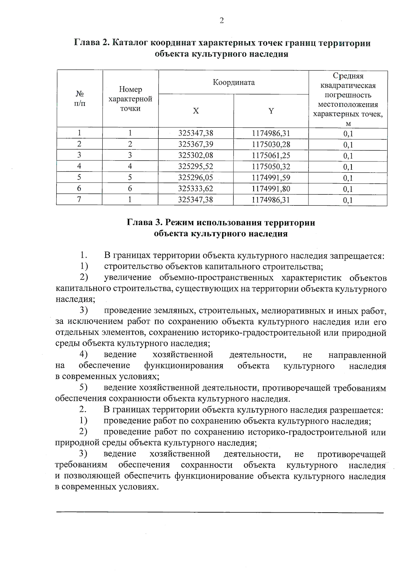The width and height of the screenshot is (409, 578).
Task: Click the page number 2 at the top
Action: pyautogui.click(x=222, y=21)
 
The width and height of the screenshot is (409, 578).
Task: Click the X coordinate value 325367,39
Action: pyautogui.click(x=196, y=144)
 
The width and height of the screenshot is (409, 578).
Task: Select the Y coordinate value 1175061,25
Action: pyautogui.click(x=271, y=156)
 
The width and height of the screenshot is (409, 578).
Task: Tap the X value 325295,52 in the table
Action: pyautogui.click(x=196, y=167)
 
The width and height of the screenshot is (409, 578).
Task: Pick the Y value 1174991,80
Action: pyautogui.click(x=271, y=189)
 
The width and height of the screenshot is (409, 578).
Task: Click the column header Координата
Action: pyautogui.click(x=233, y=82)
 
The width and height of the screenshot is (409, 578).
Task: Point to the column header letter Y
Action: pyautogui.click(x=271, y=111)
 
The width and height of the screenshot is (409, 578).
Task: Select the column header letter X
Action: pyautogui.click(x=196, y=111)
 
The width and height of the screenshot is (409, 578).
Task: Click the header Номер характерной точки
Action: pyautogui.click(x=130, y=99)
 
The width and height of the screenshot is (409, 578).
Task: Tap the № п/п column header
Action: pyautogui.click(x=79, y=98)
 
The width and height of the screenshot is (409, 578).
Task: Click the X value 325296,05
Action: pyautogui.click(x=196, y=178)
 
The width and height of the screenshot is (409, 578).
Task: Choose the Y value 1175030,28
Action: pyautogui.click(x=271, y=144)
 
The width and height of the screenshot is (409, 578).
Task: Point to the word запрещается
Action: pyautogui.click(x=362, y=256)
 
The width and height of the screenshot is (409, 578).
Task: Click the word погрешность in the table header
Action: pyautogui.click(x=348, y=95)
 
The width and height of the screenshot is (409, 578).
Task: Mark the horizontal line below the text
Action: pyautogui.click(x=220, y=512)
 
